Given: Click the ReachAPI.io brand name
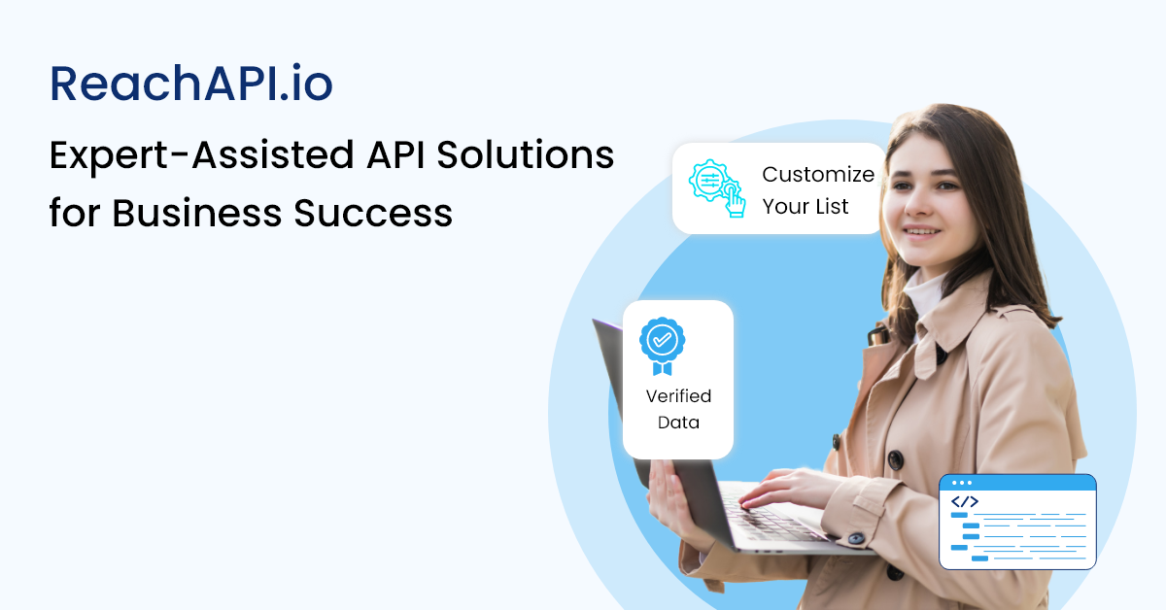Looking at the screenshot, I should (x=191, y=85).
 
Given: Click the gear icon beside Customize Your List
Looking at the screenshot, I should (x=717, y=187).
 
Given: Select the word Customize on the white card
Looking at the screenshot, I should (x=818, y=175).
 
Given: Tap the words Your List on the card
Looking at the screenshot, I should (x=806, y=206).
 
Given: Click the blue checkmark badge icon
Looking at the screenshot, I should (x=662, y=344).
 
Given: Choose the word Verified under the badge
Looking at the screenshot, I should (x=678, y=396).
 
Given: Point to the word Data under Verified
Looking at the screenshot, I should (x=678, y=423).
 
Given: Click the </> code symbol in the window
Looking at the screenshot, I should (x=965, y=502).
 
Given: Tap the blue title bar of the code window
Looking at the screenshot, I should (x=1017, y=483).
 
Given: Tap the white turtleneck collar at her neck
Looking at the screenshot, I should (x=923, y=291).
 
